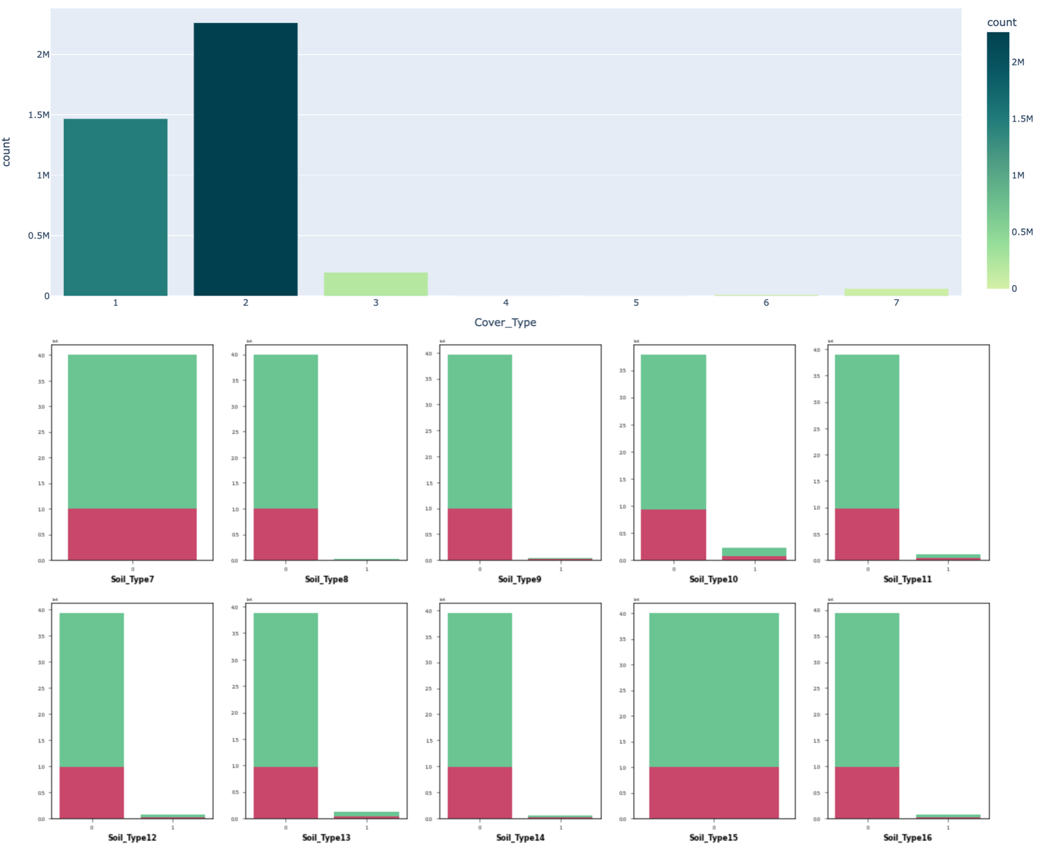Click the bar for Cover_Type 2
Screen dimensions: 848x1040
245,160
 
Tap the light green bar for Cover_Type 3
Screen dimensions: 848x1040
376,284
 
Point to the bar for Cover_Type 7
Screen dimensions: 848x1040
896,292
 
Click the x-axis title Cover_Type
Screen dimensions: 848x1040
505,322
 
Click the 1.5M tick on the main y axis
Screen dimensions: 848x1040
39,115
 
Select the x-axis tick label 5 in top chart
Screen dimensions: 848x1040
636,303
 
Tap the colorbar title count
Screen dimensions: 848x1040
1001,22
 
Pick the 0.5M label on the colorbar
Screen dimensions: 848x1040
1022,232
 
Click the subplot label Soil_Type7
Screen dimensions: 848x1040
132,579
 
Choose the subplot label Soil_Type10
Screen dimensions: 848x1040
713,579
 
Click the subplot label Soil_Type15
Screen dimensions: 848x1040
713,838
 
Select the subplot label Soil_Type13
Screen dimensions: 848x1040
326,838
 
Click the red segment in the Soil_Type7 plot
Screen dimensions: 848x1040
132,534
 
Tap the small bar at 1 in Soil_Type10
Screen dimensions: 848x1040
754,553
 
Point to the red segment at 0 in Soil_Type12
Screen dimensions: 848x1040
92,792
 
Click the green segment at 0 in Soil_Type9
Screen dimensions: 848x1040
479,431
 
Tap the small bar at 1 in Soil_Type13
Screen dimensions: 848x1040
366,815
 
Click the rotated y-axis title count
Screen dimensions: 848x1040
7,152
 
